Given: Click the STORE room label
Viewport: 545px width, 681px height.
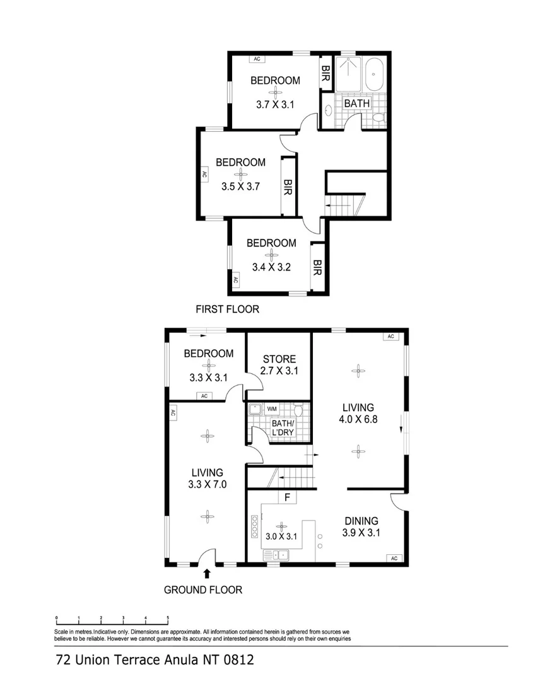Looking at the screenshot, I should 279,359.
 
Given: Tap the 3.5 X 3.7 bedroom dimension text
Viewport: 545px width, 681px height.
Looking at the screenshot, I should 241,187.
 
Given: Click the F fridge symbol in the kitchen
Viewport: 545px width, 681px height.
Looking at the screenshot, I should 287,497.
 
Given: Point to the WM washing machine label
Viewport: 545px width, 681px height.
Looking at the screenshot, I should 272,409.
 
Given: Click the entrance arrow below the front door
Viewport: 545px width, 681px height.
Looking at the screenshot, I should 207,573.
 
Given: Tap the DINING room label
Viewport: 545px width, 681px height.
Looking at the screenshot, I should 361,521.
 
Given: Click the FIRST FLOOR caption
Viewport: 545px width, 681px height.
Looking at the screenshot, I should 228,309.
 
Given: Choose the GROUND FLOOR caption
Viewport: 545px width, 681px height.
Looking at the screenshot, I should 203,590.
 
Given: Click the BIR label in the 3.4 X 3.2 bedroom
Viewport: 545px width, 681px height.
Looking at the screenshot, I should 317,269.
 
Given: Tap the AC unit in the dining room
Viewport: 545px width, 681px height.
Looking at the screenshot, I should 394,558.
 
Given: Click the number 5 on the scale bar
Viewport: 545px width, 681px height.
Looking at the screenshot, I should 168,618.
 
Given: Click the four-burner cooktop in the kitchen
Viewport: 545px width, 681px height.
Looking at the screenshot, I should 254,525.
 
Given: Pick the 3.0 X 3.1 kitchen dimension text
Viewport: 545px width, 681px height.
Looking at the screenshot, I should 281,537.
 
